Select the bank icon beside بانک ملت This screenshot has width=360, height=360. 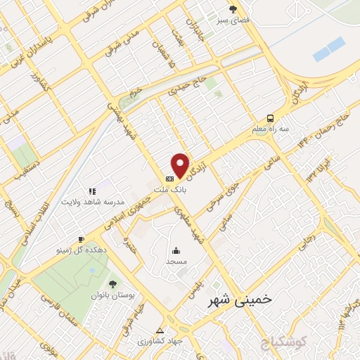point(169,179)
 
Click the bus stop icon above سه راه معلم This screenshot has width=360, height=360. point(270,118)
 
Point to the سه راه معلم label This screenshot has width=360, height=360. point(270,129)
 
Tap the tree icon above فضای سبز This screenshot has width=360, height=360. point(233,9)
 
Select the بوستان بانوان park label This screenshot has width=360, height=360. point(111,296)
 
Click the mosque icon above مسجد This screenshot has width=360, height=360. point(176,250)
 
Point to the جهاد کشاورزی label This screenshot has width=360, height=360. point(160,341)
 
